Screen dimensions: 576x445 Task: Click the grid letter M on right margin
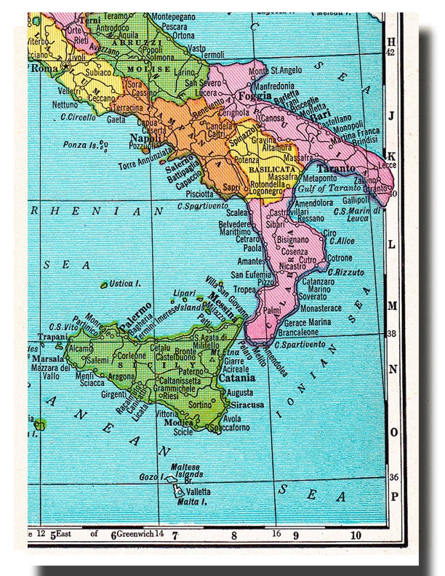pos(391,305)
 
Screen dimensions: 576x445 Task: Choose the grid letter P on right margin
pos(393,497)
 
